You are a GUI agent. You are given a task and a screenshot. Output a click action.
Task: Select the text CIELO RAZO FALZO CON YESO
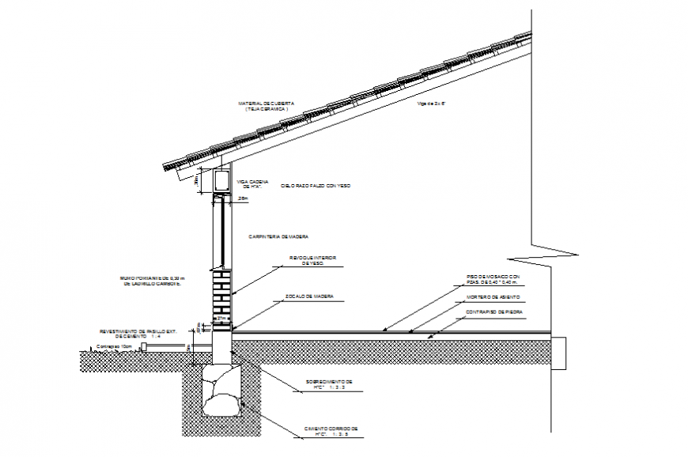click(315, 185)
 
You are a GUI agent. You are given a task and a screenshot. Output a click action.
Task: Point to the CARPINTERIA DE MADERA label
click(278, 236)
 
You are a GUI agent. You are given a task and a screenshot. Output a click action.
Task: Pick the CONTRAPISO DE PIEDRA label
click(494, 312)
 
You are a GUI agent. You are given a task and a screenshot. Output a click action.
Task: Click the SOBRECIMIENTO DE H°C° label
click(330, 385)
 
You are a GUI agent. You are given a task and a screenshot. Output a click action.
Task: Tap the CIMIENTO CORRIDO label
click(331, 432)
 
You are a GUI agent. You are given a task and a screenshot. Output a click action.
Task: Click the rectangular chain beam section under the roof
click(221, 181)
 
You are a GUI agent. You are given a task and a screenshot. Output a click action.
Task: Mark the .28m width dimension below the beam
click(243, 199)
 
